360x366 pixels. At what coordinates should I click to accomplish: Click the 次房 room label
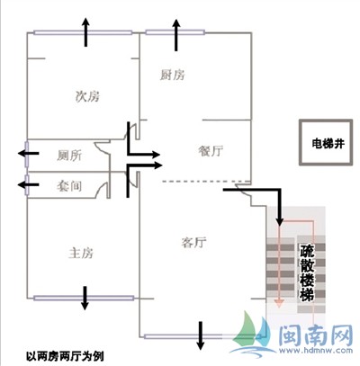point(87,96)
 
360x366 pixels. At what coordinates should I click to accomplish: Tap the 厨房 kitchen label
point(172,75)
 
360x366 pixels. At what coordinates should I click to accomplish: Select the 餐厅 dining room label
point(211,150)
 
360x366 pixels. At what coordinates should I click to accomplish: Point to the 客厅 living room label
point(193,242)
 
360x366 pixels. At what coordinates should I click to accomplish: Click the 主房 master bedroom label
point(81,253)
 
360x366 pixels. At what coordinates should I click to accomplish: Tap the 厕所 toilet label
point(69,156)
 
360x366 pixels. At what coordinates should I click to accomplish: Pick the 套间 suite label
point(69,186)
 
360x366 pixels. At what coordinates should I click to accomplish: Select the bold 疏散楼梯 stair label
point(307,272)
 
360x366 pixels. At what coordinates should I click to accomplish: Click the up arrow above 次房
point(86,31)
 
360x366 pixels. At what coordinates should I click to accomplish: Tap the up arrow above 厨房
point(176,35)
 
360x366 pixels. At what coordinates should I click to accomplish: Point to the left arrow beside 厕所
point(29,154)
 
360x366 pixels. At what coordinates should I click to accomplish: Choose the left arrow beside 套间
point(29,184)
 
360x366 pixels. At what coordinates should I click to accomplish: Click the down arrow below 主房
point(85,299)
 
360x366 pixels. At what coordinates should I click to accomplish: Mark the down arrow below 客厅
point(201,335)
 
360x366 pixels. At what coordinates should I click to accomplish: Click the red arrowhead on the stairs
point(279,304)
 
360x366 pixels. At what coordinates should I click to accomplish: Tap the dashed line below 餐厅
point(206,182)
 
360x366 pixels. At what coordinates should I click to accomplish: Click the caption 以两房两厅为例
point(65,356)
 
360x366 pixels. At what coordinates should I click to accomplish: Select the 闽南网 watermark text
point(316,335)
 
